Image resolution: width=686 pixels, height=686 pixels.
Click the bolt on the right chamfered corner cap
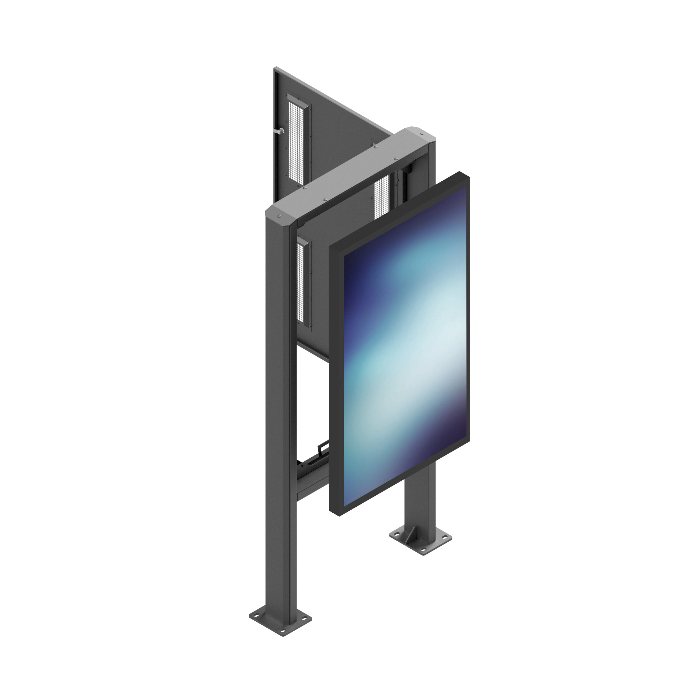click(421, 134)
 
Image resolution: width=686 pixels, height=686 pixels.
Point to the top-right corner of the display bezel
click(469, 174)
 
